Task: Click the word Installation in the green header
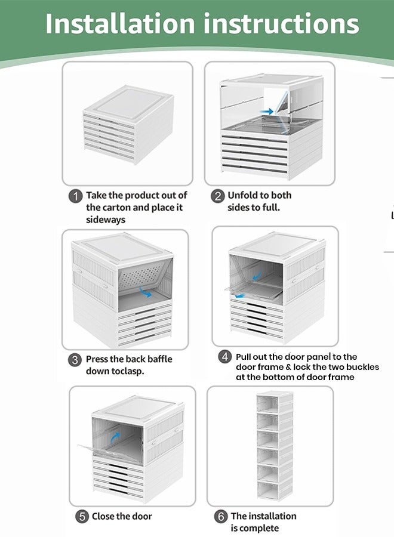(120, 23)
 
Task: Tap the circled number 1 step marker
(75, 196)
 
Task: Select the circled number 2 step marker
(217, 196)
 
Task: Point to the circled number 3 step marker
(75, 360)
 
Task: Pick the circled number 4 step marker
(224, 357)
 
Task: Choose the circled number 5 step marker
(82, 516)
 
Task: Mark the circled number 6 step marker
(221, 516)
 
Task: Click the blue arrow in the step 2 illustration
(267, 112)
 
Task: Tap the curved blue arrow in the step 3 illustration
(145, 292)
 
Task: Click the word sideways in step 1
(106, 220)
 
